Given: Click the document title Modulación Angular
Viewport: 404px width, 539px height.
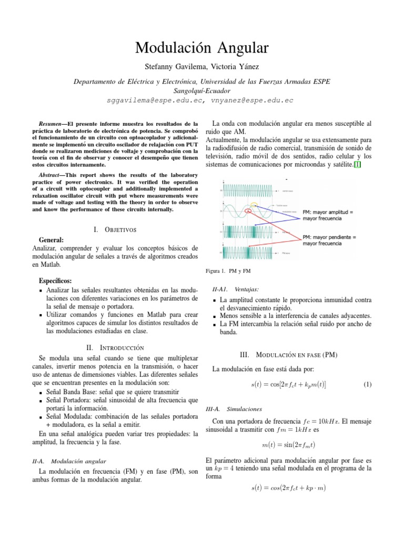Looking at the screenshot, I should [202, 48].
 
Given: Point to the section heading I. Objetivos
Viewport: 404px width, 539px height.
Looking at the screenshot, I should [115, 229].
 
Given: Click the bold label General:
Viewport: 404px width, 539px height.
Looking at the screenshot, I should [52, 239].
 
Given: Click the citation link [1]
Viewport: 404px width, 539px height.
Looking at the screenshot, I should [357, 165].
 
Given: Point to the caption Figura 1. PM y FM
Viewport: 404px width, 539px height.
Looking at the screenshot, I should [231, 271].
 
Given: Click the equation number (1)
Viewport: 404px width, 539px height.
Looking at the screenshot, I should [368, 385].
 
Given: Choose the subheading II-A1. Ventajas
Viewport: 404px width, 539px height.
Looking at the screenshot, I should [235, 289].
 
